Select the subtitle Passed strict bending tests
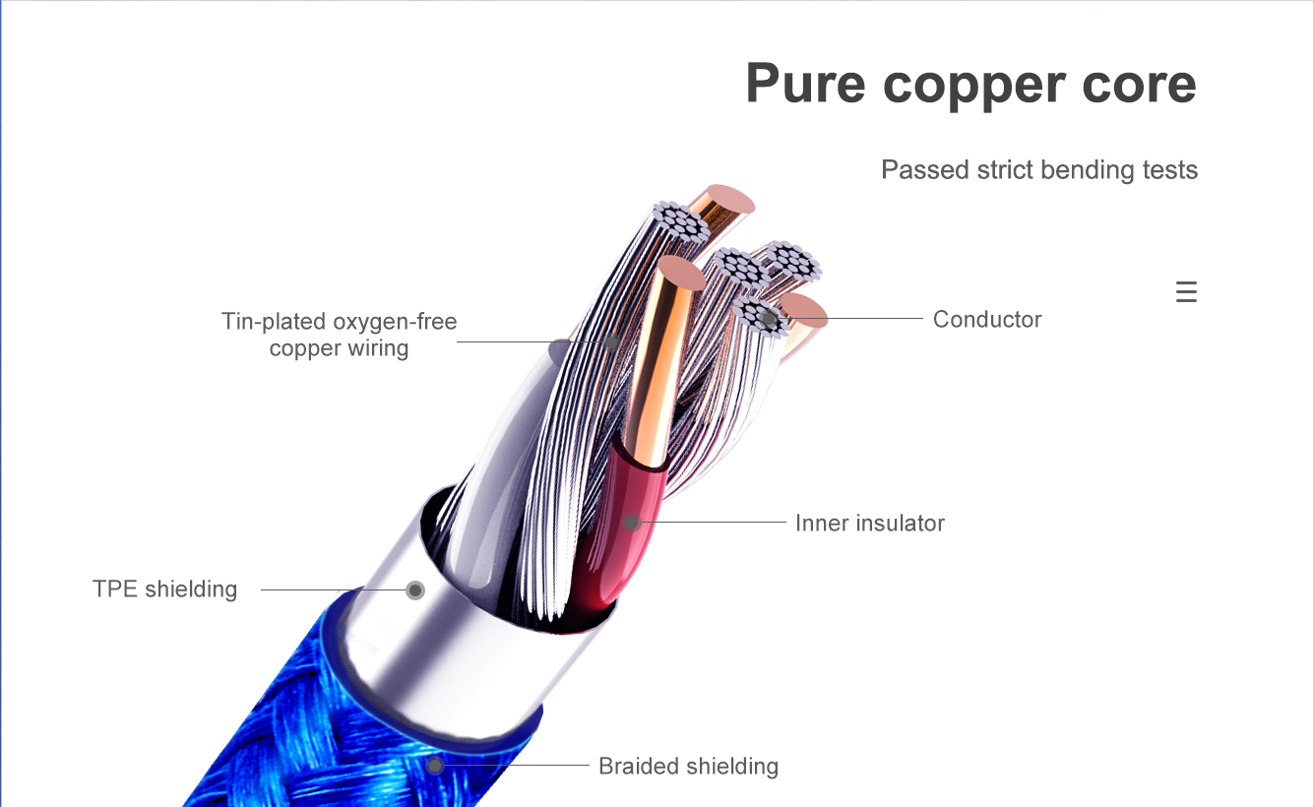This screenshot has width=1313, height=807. (x=1039, y=170)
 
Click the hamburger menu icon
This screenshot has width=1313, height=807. (x=1186, y=292)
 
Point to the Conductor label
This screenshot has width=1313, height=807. (x=986, y=319)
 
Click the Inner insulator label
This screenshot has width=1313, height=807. (x=869, y=523)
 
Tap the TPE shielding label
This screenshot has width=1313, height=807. (x=164, y=590)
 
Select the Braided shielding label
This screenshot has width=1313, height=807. (x=688, y=766)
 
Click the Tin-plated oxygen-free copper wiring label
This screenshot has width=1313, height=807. (x=339, y=335)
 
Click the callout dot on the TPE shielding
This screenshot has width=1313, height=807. (x=415, y=590)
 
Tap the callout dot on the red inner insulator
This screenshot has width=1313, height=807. (x=632, y=523)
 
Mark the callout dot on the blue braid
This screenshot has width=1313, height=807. (x=434, y=765)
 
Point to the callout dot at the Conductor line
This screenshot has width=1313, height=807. (x=769, y=319)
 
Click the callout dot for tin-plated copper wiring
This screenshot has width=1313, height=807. (x=611, y=342)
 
